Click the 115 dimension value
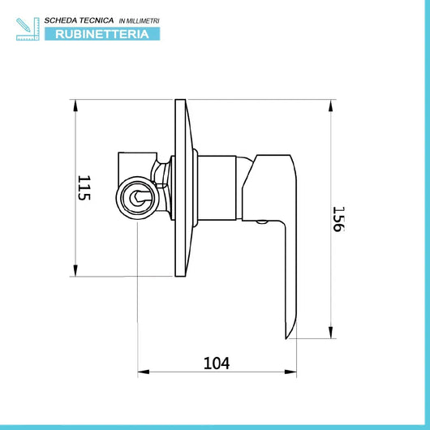point(84,188)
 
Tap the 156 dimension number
point(338,219)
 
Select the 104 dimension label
point(217,363)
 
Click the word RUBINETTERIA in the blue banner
point(102,34)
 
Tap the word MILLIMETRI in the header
point(143,21)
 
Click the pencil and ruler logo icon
point(28,29)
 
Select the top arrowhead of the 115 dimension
point(75,105)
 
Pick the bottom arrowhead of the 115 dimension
point(75,270)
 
